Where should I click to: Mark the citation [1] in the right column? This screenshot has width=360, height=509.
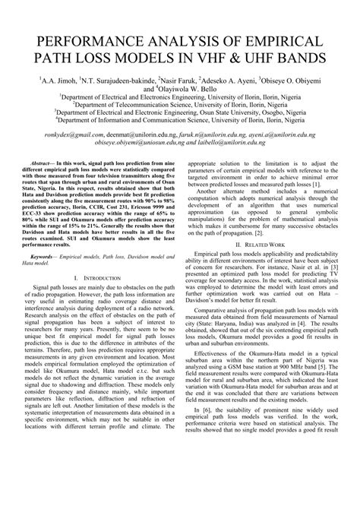coord(316,185)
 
